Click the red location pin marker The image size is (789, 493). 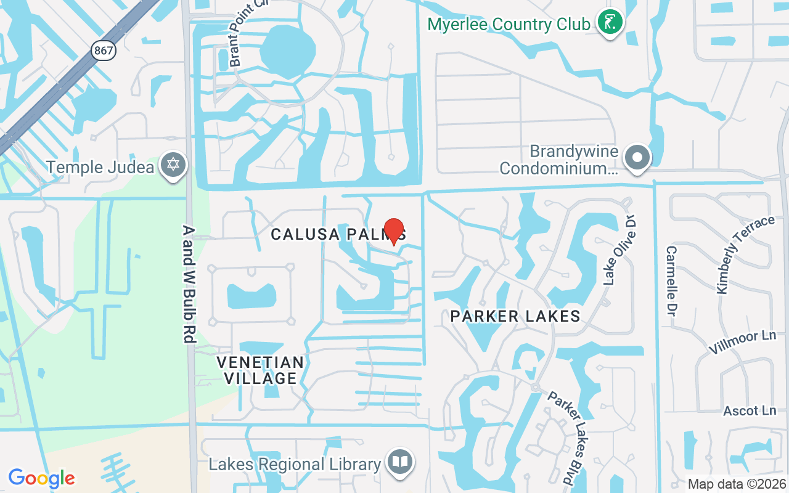[394, 231]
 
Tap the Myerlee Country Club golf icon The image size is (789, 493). [610, 23]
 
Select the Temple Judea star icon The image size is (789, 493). [173, 165]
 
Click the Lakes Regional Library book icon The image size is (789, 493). [401, 462]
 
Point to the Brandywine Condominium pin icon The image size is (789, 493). [638, 158]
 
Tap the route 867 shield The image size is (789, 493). [104, 50]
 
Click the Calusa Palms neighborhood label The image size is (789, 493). [338, 234]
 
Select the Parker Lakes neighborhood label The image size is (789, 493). [515, 316]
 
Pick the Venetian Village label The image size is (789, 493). [260, 370]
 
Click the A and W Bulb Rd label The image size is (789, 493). [189, 283]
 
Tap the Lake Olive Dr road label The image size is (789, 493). [619, 250]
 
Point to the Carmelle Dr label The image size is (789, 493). [671, 281]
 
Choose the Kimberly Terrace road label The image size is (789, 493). [744, 254]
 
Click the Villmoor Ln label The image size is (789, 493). [742, 341]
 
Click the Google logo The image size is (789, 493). [41, 478]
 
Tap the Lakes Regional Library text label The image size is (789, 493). [295, 464]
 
